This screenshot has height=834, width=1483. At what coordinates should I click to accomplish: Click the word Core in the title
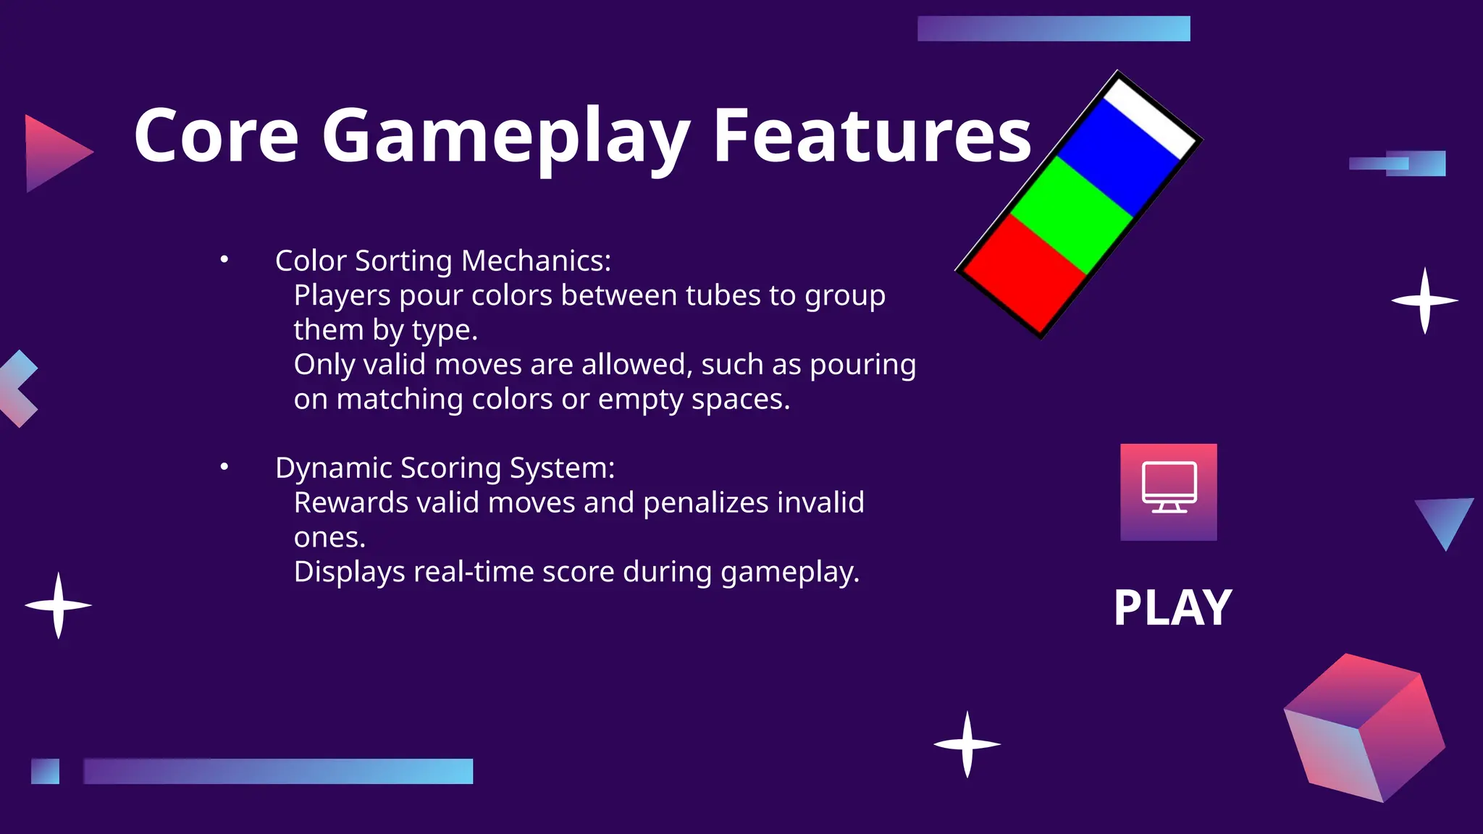216,135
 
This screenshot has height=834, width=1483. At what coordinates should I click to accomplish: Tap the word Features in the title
872,135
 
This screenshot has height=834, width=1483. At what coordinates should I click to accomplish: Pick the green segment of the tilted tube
1072,215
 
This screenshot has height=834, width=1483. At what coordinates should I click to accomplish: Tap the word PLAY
1172,607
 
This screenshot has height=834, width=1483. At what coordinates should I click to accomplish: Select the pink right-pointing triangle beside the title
54,153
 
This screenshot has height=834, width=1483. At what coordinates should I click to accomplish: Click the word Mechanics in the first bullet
536,261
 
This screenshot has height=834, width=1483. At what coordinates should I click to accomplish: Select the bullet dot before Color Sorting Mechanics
224,259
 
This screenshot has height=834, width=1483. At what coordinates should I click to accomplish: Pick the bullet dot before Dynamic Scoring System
224,467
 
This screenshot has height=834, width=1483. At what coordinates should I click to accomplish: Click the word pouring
862,365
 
